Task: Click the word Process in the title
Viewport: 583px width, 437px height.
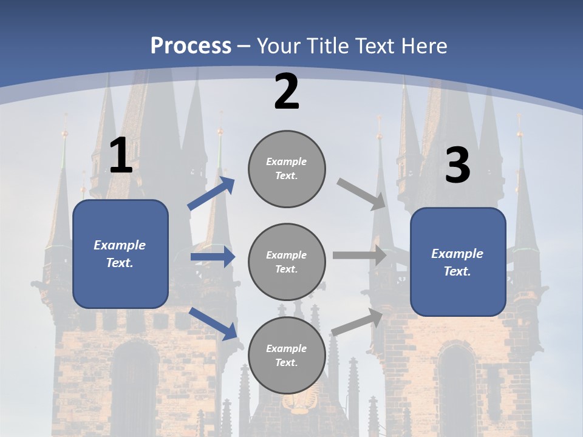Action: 191,46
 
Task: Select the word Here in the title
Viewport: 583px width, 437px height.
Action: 424,46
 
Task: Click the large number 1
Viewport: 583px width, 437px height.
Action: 120,156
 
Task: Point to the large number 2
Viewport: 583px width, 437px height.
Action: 287,92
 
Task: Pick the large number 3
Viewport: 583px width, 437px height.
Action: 457,165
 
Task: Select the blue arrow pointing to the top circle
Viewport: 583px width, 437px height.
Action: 211,194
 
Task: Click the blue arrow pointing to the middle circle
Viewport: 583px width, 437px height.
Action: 213,257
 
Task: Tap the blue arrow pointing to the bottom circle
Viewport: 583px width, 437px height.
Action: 213,323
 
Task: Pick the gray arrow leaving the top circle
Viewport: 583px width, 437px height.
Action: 361,194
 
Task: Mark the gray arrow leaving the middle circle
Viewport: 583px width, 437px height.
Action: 360,256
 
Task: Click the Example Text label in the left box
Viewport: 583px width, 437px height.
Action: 120,254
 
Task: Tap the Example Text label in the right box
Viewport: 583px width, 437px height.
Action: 457,262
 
